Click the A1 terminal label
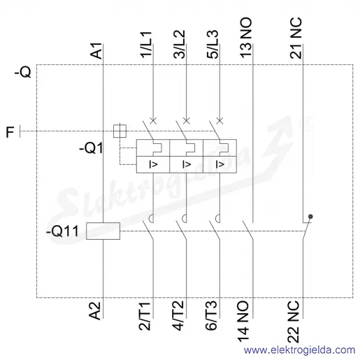click(x=96, y=51)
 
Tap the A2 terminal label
click(x=95, y=311)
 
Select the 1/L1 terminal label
click(x=146, y=45)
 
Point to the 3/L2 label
click(x=180, y=44)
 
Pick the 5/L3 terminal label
click(x=213, y=44)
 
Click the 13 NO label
click(x=246, y=38)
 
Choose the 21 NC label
click(x=296, y=38)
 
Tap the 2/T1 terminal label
click(x=145, y=316)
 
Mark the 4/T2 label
click(x=178, y=316)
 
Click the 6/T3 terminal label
click(x=212, y=316)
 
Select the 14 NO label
click(x=243, y=322)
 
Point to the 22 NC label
click(x=293, y=322)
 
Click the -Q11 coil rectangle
click(x=103, y=231)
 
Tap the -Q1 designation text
click(x=91, y=148)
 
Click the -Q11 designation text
click(x=62, y=231)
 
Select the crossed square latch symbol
click(x=120, y=131)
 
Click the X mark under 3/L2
click(x=187, y=121)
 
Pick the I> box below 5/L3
click(x=219, y=164)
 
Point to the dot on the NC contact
click(x=310, y=217)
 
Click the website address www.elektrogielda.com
click(x=299, y=350)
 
